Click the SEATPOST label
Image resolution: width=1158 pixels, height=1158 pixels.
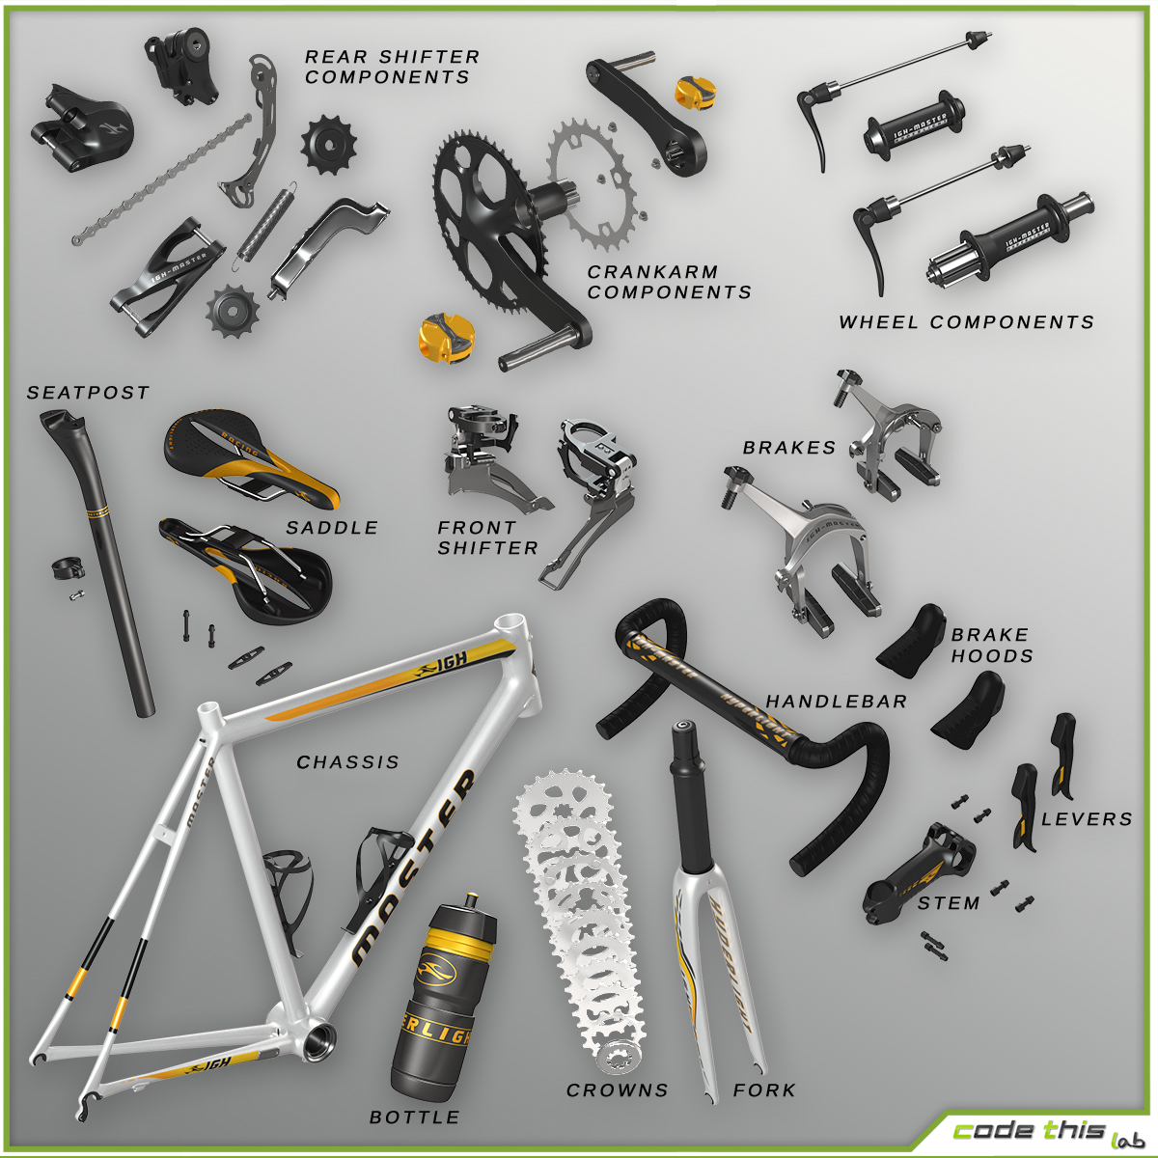click(88, 393)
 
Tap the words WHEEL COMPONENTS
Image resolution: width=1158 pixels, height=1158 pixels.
click(966, 322)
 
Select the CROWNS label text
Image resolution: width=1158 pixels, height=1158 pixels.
click(617, 1090)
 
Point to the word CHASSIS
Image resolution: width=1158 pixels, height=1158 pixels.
click(347, 762)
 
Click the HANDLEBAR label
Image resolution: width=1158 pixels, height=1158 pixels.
click(836, 702)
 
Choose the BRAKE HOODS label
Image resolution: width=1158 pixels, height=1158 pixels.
click(991, 646)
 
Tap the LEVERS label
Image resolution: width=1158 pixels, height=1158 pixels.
click(1086, 819)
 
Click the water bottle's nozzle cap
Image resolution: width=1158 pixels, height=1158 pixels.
click(471, 904)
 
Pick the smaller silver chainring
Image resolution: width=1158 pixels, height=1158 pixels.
click(592, 183)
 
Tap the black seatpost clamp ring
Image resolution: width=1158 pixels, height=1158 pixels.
click(65, 568)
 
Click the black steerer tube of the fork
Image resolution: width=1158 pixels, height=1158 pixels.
click(693, 801)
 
